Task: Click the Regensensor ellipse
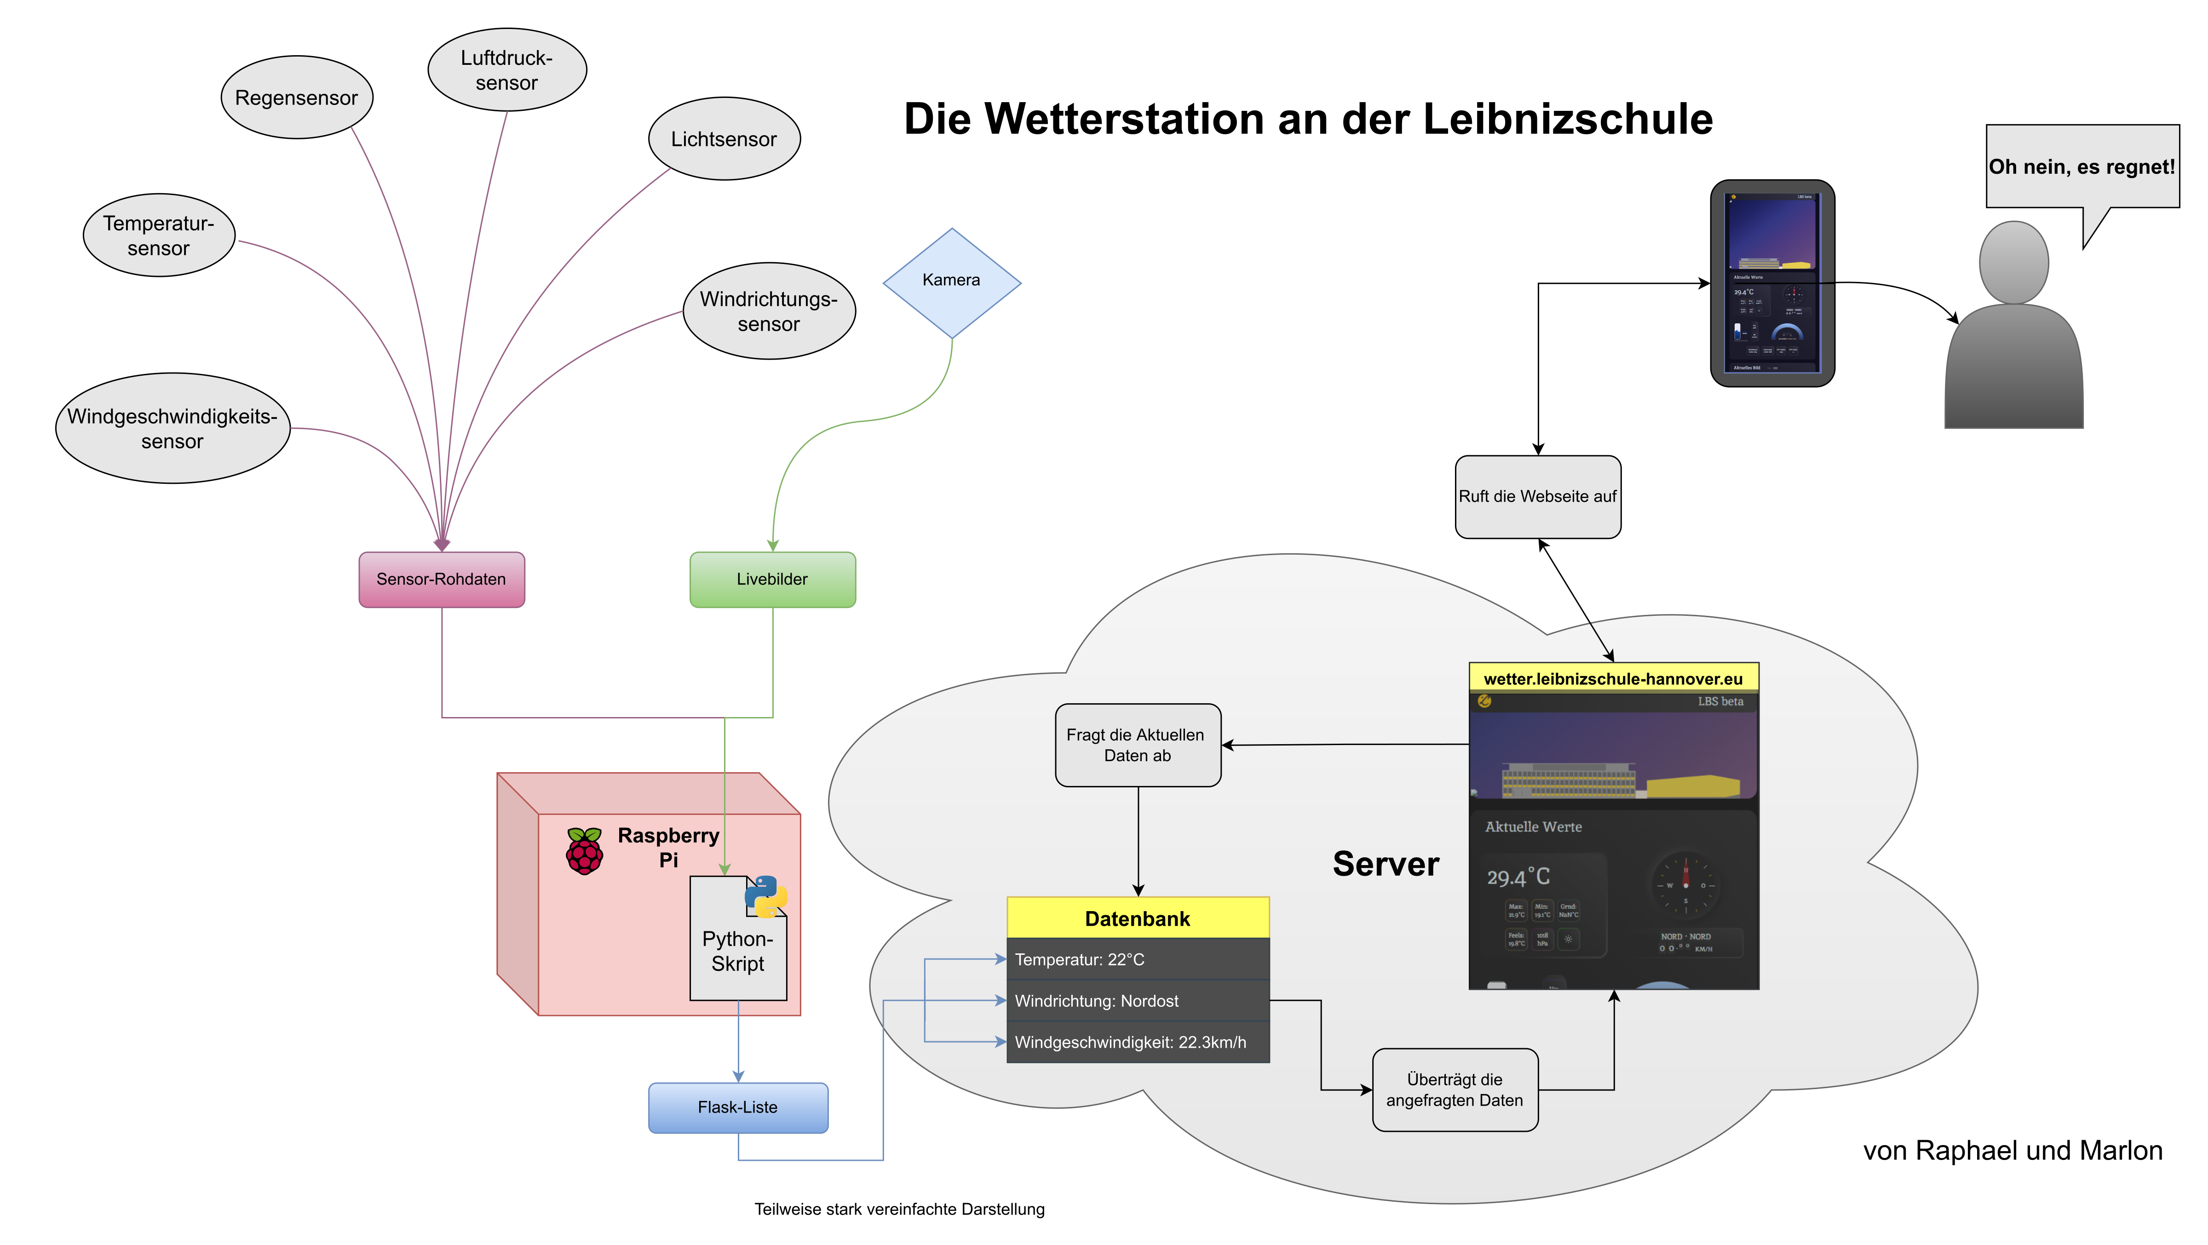[x=297, y=98]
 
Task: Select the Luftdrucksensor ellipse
[x=506, y=70]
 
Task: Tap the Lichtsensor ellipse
[x=724, y=139]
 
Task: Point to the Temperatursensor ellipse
[x=159, y=235]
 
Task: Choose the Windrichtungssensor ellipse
[x=769, y=311]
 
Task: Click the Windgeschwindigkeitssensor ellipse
[x=172, y=429]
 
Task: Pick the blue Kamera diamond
[x=951, y=283]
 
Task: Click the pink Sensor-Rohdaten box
[x=442, y=579]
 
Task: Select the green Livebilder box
[x=772, y=579]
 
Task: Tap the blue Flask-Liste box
[x=738, y=1107]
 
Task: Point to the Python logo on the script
[x=765, y=896]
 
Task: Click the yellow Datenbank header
[x=1138, y=918]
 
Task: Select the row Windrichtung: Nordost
[x=1138, y=1001]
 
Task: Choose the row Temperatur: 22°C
[x=1138, y=960]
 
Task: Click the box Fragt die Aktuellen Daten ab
[x=1138, y=745]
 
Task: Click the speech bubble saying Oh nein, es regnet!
[x=2082, y=167]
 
